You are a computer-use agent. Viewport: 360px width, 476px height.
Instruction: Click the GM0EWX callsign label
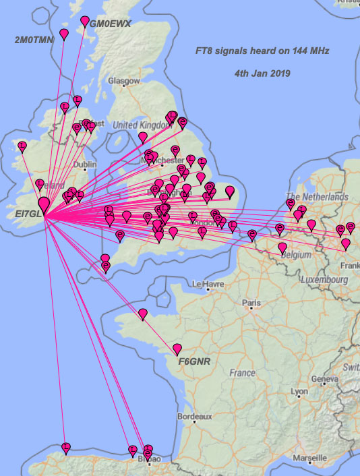point(110,24)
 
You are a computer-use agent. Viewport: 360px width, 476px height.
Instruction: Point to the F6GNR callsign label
point(194,361)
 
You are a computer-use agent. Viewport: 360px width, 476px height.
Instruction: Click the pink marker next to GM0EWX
point(86,22)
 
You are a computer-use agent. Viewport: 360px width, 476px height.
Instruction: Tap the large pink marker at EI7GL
point(44,203)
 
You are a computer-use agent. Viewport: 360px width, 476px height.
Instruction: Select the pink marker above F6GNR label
point(177,348)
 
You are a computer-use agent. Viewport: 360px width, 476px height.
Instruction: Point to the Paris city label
point(251,303)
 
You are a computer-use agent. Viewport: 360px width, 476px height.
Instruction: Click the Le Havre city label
point(207,285)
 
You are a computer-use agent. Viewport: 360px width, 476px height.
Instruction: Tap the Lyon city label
point(299,391)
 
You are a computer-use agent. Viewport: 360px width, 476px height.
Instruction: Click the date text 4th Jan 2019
point(263,71)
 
